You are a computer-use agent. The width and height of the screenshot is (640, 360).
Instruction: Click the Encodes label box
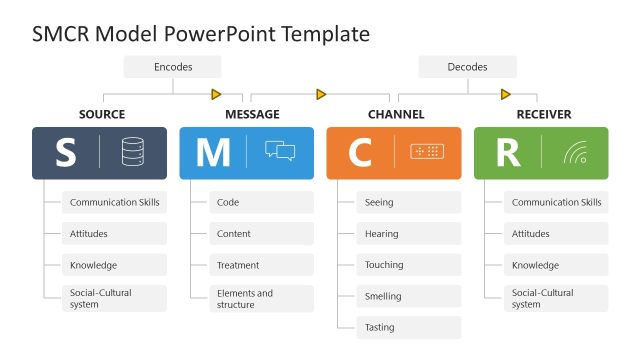click(x=173, y=67)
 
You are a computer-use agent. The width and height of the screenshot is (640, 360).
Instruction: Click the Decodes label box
click(x=467, y=67)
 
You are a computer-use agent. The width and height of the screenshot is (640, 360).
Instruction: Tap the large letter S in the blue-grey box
click(x=65, y=153)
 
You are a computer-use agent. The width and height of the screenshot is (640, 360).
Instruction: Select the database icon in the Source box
click(x=132, y=152)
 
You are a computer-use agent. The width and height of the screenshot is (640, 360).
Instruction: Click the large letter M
click(x=212, y=153)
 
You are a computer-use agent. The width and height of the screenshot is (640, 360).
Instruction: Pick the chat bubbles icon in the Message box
click(x=280, y=152)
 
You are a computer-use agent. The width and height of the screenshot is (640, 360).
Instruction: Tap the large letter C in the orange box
click(x=359, y=153)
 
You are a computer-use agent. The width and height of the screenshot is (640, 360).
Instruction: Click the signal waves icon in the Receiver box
click(x=575, y=152)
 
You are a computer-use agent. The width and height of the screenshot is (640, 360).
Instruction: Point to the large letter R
click(x=507, y=153)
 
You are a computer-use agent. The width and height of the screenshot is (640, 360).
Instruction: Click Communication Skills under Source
click(x=114, y=202)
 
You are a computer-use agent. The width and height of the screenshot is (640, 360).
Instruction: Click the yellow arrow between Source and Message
click(x=216, y=95)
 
